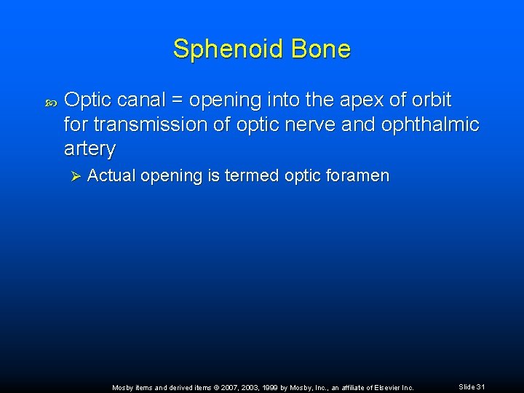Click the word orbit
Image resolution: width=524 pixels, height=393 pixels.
[x=428, y=100]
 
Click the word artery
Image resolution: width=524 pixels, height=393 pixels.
[x=90, y=149]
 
